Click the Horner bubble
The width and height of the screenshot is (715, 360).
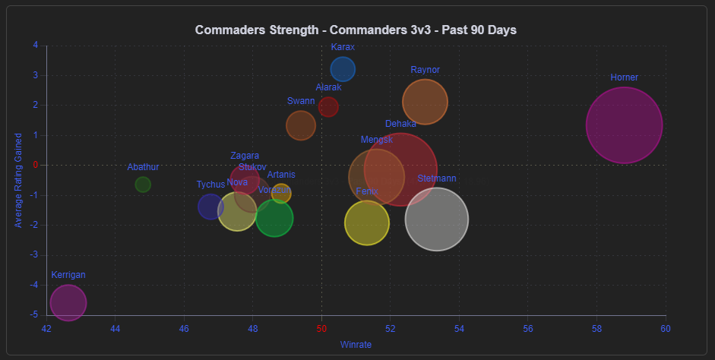pos(624,125)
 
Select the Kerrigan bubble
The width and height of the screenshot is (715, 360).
pos(68,303)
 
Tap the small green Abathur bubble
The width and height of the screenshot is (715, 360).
pos(143,185)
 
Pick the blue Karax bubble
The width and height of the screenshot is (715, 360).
pos(343,69)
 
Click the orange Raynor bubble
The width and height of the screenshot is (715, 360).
pos(425,101)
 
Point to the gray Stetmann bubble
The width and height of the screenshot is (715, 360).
pos(436,219)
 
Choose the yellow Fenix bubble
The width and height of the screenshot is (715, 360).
pos(367,223)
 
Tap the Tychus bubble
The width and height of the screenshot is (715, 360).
pos(210,206)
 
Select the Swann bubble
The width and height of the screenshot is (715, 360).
pos(301,125)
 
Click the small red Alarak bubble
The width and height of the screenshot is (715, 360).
pos(328,106)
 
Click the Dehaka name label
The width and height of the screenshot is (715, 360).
pos(400,124)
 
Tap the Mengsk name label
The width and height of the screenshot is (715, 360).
pos(376,140)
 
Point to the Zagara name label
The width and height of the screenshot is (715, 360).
pos(245,156)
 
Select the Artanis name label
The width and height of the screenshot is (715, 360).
pos(281,175)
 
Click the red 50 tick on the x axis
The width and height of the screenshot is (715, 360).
pos(321,328)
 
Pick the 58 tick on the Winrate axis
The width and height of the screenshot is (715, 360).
pos(596,328)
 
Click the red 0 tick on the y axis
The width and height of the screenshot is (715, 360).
pos(35,165)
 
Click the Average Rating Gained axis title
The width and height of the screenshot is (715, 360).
pos(19,180)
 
